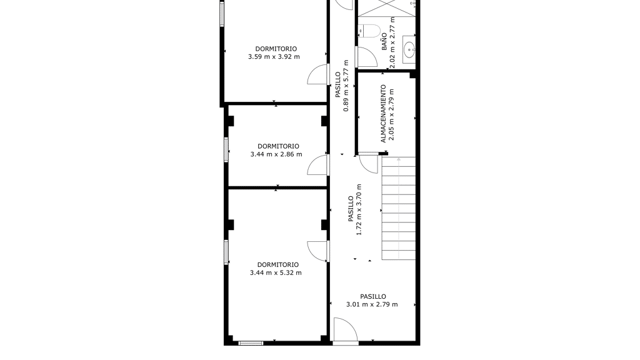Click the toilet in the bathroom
click(369, 31)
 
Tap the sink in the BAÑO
click(409, 50)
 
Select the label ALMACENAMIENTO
click(383, 114)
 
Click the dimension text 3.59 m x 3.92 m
click(274, 57)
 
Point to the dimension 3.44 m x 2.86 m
click(276, 154)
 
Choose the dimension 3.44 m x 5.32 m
click(276, 272)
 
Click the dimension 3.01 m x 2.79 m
click(372, 304)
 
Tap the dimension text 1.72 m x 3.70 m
click(359, 209)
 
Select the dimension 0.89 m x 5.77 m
click(346, 86)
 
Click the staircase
click(399, 208)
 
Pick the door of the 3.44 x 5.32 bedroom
click(317, 251)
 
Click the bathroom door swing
click(366, 57)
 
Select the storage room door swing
click(369, 163)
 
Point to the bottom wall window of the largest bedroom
click(251, 343)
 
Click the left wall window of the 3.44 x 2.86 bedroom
click(226, 150)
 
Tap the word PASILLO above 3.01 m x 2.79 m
click(373, 296)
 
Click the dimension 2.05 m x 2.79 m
click(392, 114)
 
